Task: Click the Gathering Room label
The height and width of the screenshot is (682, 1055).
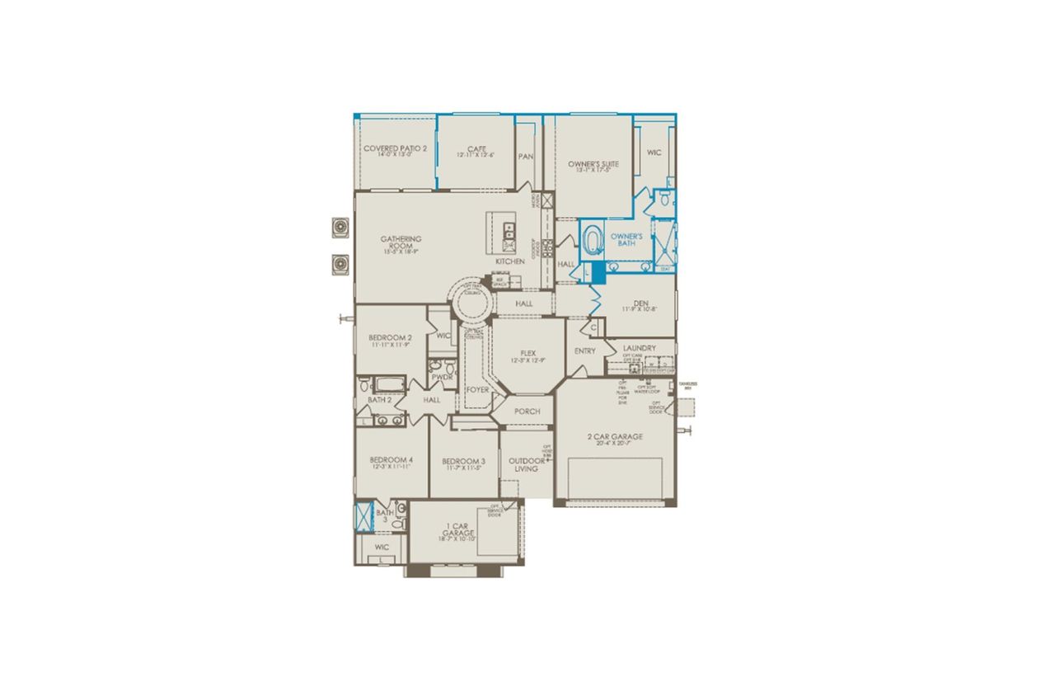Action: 401,243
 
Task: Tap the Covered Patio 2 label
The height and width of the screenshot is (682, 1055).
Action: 396,150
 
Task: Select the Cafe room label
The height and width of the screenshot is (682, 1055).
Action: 476,151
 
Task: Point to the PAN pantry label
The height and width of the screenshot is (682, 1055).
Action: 525,157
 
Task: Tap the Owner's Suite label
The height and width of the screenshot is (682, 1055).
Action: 593,166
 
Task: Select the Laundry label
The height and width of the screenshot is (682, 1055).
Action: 640,348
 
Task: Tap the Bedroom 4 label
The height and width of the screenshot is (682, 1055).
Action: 391,463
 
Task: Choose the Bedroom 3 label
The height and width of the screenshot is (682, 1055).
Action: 463,463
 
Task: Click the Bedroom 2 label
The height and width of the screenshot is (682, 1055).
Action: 391,340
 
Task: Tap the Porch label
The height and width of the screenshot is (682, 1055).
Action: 527,412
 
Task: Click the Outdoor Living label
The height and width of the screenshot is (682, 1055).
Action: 526,464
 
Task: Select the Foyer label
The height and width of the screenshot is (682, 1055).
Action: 477,389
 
